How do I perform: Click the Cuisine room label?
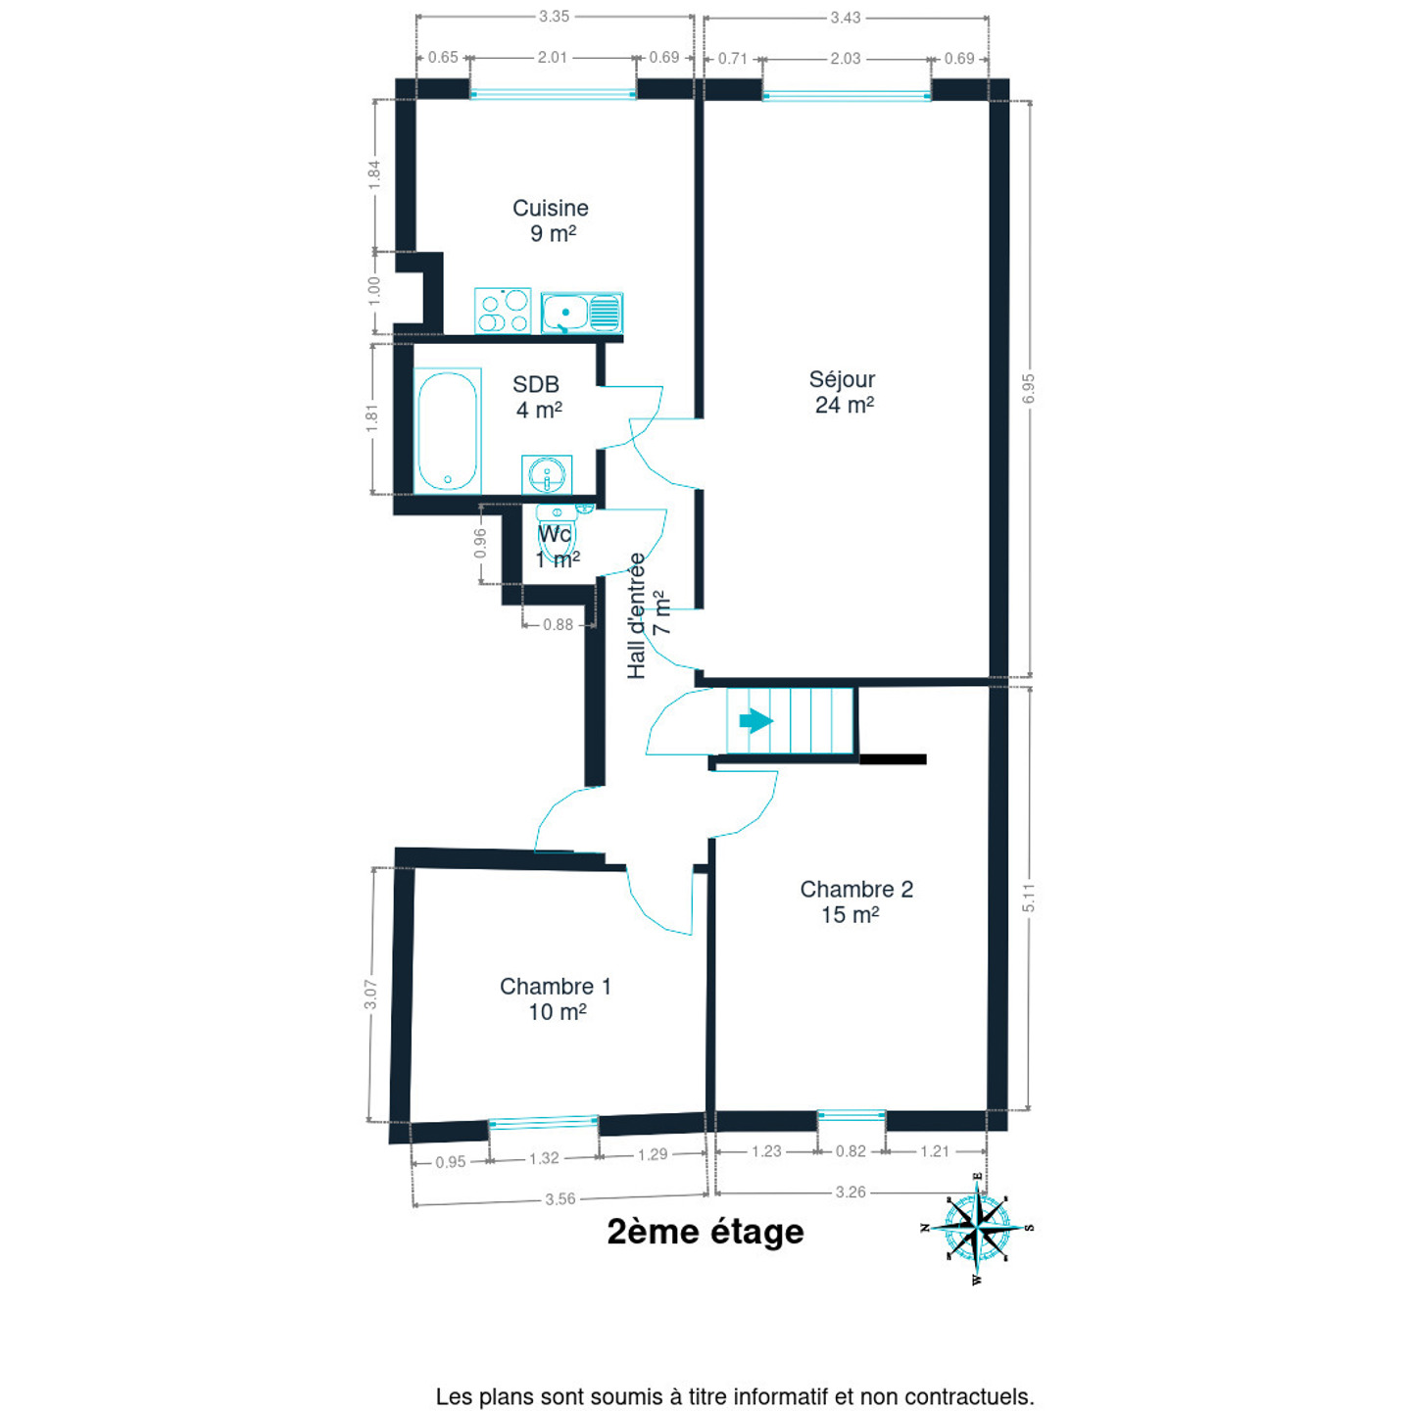tap(551, 209)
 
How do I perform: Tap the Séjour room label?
tap(842, 380)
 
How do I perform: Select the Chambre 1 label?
tap(555, 987)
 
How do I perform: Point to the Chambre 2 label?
tap(856, 890)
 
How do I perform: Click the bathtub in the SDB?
tap(448, 431)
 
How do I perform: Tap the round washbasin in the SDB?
tap(546, 475)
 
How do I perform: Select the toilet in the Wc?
tap(557, 534)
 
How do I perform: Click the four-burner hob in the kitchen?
tap(503, 312)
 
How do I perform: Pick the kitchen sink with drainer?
tap(582, 313)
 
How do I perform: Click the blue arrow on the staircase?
tap(755, 722)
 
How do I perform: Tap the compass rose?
tap(978, 1228)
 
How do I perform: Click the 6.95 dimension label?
tap(1028, 389)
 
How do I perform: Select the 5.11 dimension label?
tap(1028, 899)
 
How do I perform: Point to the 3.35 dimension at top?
tap(554, 17)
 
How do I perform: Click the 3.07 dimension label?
tap(370, 995)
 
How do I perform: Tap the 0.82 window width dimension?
tap(851, 1151)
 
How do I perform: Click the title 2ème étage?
tap(705, 1232)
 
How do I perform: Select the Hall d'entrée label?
tap(637, 615)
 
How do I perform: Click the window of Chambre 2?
tap(851, 1115)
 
